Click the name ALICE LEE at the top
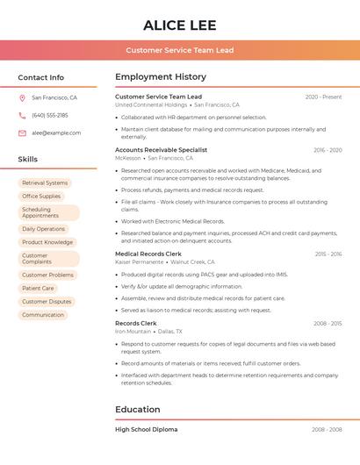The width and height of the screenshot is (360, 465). pos(179,25)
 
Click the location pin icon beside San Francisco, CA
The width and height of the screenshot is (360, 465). pos(22,98)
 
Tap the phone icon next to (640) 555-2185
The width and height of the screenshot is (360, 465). pos(22,116)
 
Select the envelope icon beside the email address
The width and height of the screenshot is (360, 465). pos(22,133)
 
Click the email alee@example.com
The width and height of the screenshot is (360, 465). pos(56,133)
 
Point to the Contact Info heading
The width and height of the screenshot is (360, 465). pos(40,77)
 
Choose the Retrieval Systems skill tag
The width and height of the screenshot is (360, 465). pos(45,183)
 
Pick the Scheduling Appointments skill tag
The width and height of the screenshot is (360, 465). pos(48,213)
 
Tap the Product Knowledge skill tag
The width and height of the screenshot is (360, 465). pos(47,242)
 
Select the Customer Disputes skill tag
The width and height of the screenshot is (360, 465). pos(47,302)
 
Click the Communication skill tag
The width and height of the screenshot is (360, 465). pos(43,315)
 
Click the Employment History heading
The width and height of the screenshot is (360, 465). pos(161,77)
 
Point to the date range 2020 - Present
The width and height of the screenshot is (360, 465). pos(323,97)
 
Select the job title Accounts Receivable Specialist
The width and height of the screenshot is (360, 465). pos(161,150)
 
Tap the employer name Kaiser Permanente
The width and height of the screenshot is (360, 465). pos(139,261)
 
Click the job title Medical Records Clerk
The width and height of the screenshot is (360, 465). pos(148,254)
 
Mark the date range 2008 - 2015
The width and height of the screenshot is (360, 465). pos(328,324)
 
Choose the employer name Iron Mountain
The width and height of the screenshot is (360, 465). pos(133,332)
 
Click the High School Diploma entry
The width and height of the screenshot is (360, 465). pos(146,430)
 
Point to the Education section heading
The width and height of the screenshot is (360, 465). pos(137,409)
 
